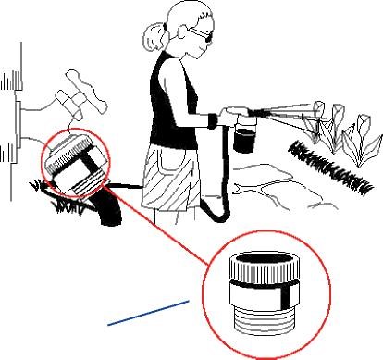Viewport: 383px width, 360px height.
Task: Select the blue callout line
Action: pos(149,312)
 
